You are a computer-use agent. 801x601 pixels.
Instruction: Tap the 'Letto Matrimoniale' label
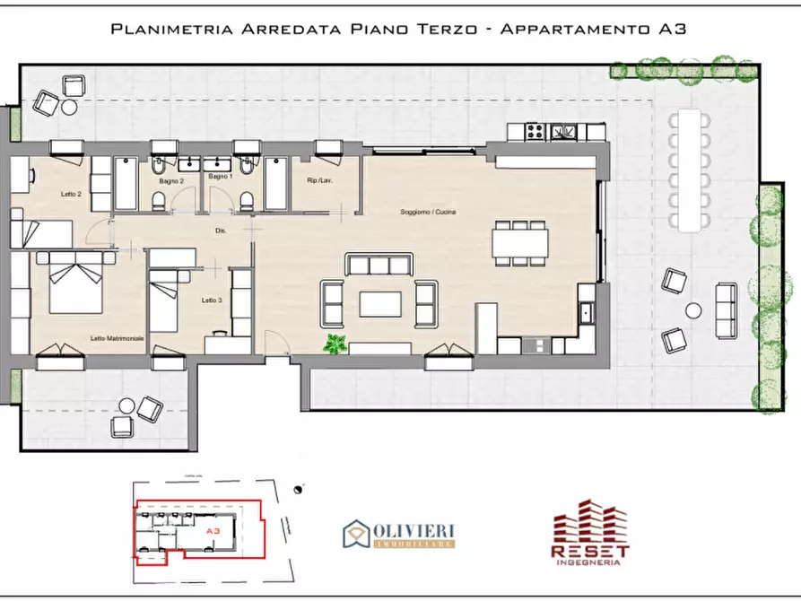(x=117, y=338)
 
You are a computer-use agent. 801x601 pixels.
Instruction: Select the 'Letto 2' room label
(x=72, y=195)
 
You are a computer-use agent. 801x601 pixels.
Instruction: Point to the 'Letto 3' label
(x=211, y=300)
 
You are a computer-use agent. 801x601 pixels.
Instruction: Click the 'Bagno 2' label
(x=172, y=179)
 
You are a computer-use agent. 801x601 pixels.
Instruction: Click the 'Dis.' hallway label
(x=221, y=231)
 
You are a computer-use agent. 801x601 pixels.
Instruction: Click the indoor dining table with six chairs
(x=520, y=242)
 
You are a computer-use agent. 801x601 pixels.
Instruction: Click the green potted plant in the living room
(x=336, y=344)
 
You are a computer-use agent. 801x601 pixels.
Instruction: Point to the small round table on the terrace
(x=693, y=310)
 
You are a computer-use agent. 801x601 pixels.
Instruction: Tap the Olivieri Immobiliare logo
(x=398, y=534)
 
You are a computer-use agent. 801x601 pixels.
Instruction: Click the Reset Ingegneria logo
(x=590, y=533)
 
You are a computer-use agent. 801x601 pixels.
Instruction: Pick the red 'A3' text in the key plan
(x=213, y=531)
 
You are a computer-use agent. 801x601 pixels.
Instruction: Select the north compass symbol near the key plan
(x=297, y=490)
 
